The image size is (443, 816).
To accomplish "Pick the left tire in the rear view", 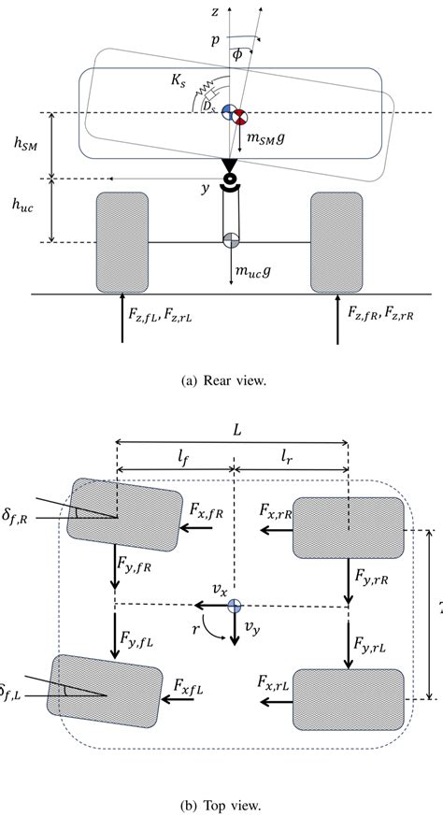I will point(121,243).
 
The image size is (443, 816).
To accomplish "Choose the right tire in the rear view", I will point(336,243).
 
